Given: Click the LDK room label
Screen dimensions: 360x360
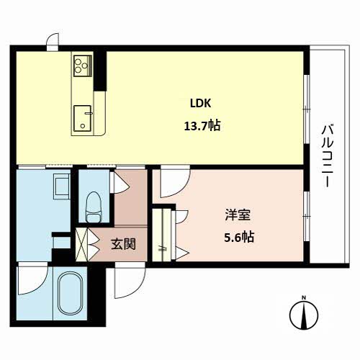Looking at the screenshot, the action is (201, 103).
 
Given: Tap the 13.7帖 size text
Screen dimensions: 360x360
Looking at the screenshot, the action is (202, 125).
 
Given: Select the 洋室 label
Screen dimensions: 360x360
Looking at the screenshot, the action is (238, 215).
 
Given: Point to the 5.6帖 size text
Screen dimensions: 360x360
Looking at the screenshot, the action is (239, 237).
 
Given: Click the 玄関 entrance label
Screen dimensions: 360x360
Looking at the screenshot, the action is (123, 244).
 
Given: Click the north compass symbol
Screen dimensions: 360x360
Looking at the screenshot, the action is (304, 315).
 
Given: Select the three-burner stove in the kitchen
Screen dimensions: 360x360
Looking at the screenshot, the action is (83, 66).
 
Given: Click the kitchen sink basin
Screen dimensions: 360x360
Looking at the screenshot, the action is (83, 118).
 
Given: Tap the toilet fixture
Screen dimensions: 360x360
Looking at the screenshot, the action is (94, 207).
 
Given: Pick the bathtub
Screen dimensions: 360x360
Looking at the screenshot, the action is (71, 293).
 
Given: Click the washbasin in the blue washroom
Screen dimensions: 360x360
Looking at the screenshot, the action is (62, 186).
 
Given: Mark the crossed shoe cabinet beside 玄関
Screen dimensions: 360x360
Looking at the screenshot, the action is (82, 244).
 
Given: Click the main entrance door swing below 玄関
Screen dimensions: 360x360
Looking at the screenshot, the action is (130, 280).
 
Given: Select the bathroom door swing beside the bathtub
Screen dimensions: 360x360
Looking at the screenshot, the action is (33, 279).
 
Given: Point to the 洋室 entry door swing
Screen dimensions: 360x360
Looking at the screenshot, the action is (175, 181).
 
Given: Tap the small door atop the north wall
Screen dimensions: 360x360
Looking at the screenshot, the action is (53, 42).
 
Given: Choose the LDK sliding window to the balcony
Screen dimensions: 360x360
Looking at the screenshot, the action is (307, 109).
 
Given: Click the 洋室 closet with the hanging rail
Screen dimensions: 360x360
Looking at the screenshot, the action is (162, 235).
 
